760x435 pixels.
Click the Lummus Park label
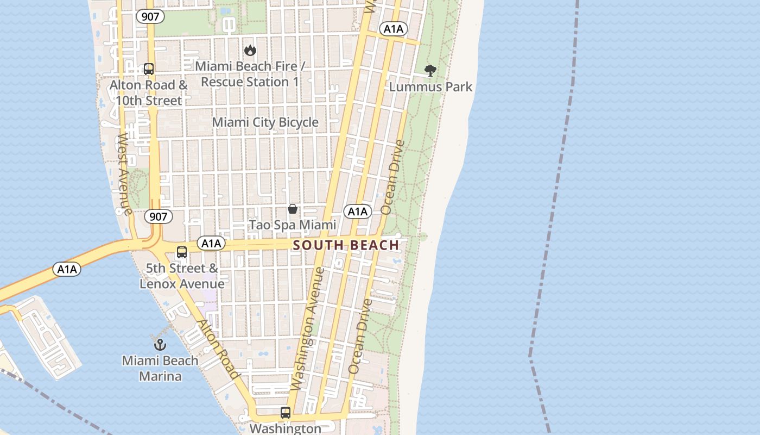point(430,87)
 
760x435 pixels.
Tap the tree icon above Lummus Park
point(430,70)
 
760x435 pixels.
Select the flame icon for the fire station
point(250,50)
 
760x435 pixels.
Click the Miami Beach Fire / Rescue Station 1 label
point(250,74)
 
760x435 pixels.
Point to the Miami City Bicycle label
point(265,122)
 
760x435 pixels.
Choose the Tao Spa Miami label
point(293,225)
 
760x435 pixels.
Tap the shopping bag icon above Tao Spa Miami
point(293,209)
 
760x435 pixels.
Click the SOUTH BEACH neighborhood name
point(346,245)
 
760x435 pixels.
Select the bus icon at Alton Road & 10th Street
point(149,69)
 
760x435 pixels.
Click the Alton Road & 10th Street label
point(149,93)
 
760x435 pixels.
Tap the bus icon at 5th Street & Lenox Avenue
point(182,252)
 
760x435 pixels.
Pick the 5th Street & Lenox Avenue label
point(182,276)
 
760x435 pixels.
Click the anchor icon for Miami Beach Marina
point(160,344)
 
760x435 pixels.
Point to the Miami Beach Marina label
point(160,368)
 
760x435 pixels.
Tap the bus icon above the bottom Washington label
point(286,412)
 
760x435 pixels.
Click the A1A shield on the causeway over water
point(67,269)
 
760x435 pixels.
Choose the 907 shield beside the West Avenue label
point(158,216)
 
